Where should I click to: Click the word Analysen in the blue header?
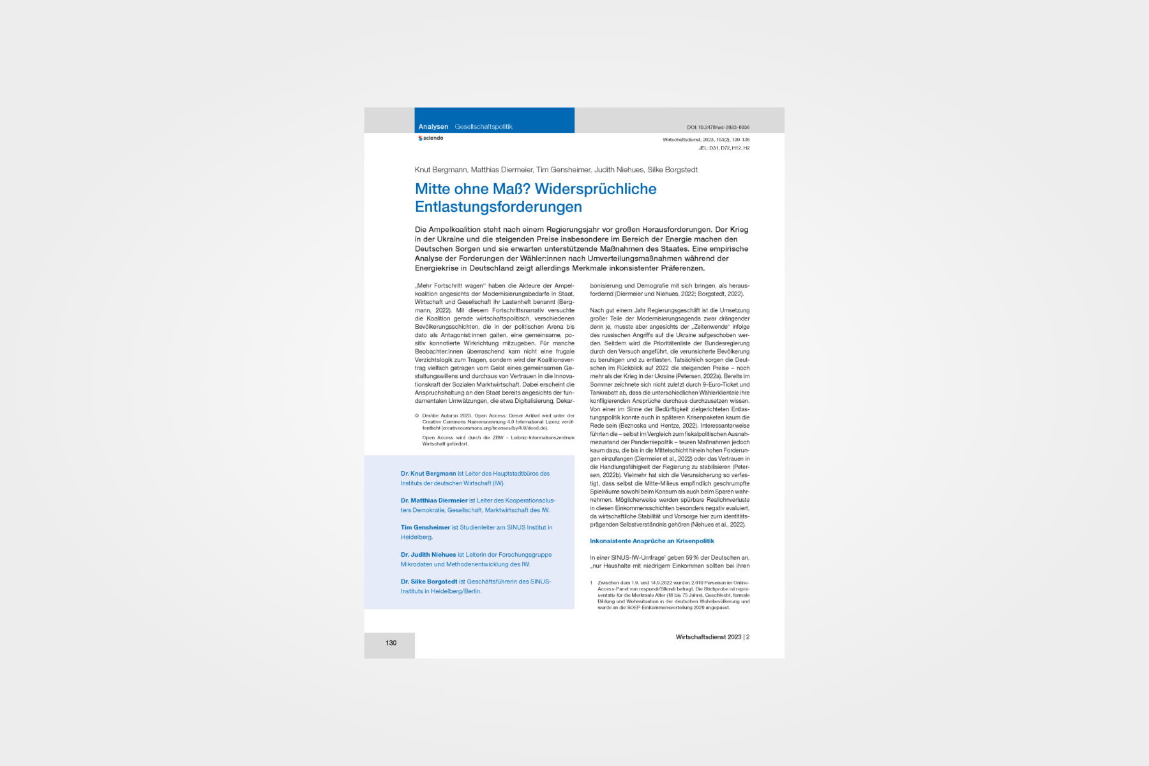point(433,127)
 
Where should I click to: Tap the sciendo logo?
point(431,138)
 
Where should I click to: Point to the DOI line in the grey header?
point(718,127)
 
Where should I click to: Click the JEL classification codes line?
point(724,148)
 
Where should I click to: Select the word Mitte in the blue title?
point(433,189)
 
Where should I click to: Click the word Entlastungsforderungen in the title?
point(498,207)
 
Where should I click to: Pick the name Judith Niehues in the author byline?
point(619,170)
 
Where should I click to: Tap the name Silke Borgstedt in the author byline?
point(672,170)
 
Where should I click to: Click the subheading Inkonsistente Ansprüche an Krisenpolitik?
point(652,541)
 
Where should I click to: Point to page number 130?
point(391,643)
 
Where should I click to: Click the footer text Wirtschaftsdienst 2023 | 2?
point(712,637)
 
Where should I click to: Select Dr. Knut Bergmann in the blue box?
point(428,474)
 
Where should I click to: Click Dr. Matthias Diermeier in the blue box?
point(434,500)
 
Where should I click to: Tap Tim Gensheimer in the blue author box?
point(425,528)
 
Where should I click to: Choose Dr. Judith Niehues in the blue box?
point(428,555)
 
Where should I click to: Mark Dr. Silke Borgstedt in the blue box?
point(429,582)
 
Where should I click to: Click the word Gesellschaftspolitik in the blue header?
point(483,127)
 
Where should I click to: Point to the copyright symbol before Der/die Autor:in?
point(417,416)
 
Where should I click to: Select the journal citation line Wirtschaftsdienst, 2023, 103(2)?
point(706,140)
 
